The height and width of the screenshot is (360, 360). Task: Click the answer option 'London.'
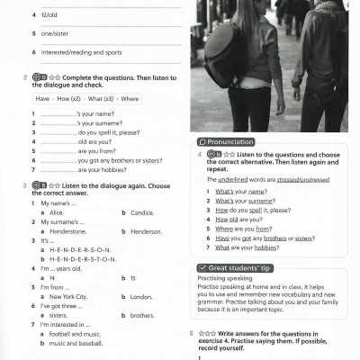pos(141,296)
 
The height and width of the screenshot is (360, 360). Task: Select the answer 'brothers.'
pos(142,316)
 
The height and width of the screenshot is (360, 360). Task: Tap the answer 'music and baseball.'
pos(76,343)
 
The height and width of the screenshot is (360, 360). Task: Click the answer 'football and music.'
pos(76,335)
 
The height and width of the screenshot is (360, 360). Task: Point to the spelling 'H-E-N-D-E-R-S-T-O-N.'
pos(85,258)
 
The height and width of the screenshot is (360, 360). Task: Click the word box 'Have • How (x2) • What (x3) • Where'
pos(87,98)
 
